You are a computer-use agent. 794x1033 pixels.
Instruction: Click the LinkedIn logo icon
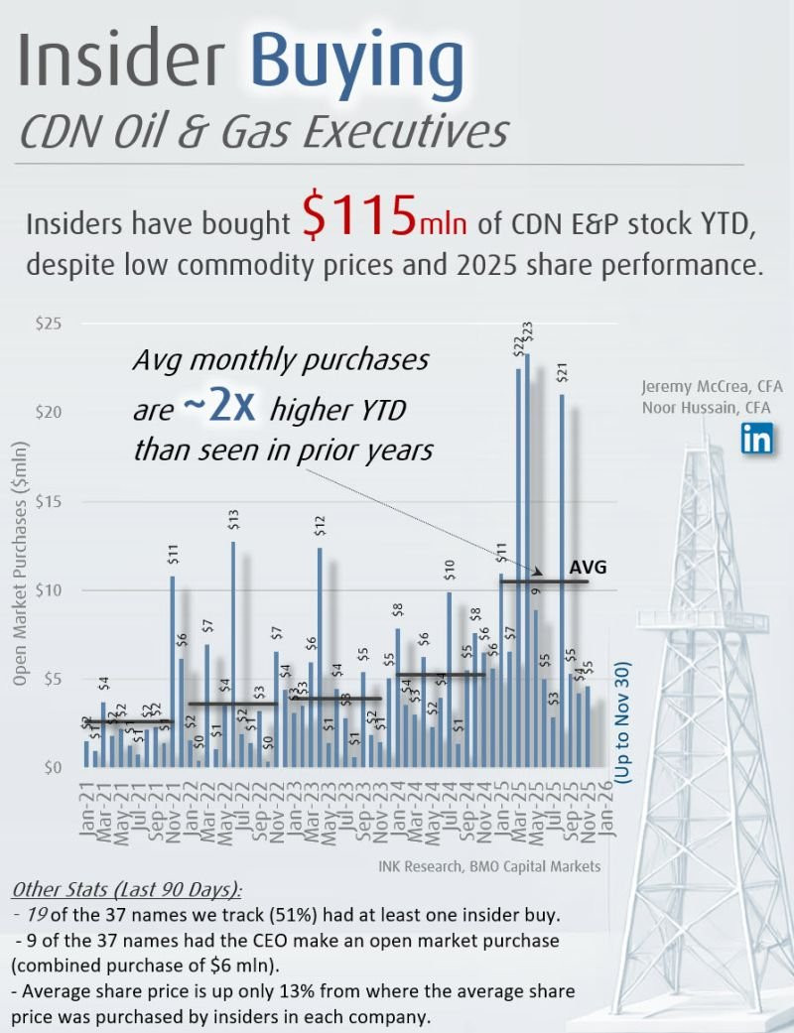pyautogui.click(x=756, y=438)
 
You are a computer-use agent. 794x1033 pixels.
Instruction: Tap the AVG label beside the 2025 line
pyautogui.click(x=588, y=567)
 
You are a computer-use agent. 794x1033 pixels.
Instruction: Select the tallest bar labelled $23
pyautogui.click(x=527, y=556)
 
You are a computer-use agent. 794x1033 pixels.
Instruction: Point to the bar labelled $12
pyautogui.click(x=320, y=655)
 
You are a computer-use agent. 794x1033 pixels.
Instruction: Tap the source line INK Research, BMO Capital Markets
pyautogui.click(x=489, y=866)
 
